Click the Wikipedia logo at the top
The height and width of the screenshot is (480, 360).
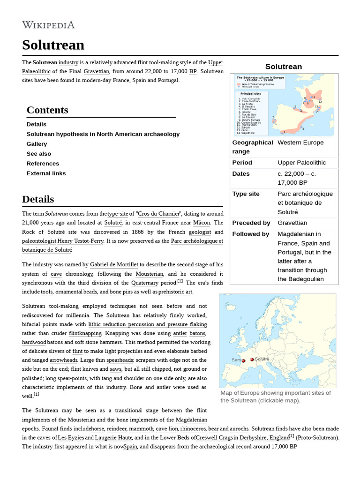(x=48, y=24)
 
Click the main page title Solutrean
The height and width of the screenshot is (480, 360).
(x=53, y=45)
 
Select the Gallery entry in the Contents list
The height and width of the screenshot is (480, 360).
(x=37, y=144)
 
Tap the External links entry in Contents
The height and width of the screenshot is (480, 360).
(x=46, y=173)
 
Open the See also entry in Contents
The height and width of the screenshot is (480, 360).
(x=39, y=154)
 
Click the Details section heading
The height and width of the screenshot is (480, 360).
(x=38, y=199)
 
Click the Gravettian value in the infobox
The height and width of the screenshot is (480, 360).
(x=292, y=223)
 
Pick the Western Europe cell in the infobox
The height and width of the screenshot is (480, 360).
(x=300, y=142)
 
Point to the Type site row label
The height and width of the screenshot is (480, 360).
(x=246, y=194)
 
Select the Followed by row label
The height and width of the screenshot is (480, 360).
(x=251, y=234)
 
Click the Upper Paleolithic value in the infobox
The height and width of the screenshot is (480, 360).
(x=301, y=163)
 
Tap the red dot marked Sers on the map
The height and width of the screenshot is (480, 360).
(x=243, y=360)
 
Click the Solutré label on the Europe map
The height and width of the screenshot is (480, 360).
(x=262, y=359)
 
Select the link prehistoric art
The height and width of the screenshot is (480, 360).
(x=175, y=292)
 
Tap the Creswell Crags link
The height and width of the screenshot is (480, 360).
(x=217, y=437)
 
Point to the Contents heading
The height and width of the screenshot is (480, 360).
(x=47, y=110)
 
